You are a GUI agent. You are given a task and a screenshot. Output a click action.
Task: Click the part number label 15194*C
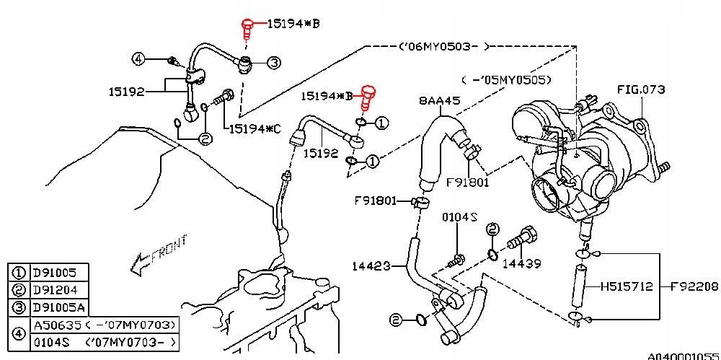coord(255,129)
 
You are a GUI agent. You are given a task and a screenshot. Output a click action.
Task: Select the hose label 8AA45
coord(440,101)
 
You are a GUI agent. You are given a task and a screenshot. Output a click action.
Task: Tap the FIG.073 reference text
coord(641,89)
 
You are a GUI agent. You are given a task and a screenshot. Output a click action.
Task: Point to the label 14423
coord(371,266)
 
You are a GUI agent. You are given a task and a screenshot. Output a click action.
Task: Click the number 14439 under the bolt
coord(521,264)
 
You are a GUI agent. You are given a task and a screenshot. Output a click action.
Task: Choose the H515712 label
coord(627,287)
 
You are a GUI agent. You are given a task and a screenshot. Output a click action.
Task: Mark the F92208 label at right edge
coord(694,287)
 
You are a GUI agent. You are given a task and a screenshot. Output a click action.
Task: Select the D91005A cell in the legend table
coord(60,307)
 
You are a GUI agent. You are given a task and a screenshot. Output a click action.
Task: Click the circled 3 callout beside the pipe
coord(273,63)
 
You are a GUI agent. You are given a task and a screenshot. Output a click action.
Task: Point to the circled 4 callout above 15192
coord(139,58)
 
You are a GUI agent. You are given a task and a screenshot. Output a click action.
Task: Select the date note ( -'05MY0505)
coord(506,80)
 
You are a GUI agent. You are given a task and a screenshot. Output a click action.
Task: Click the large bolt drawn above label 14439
coord(521,237)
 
